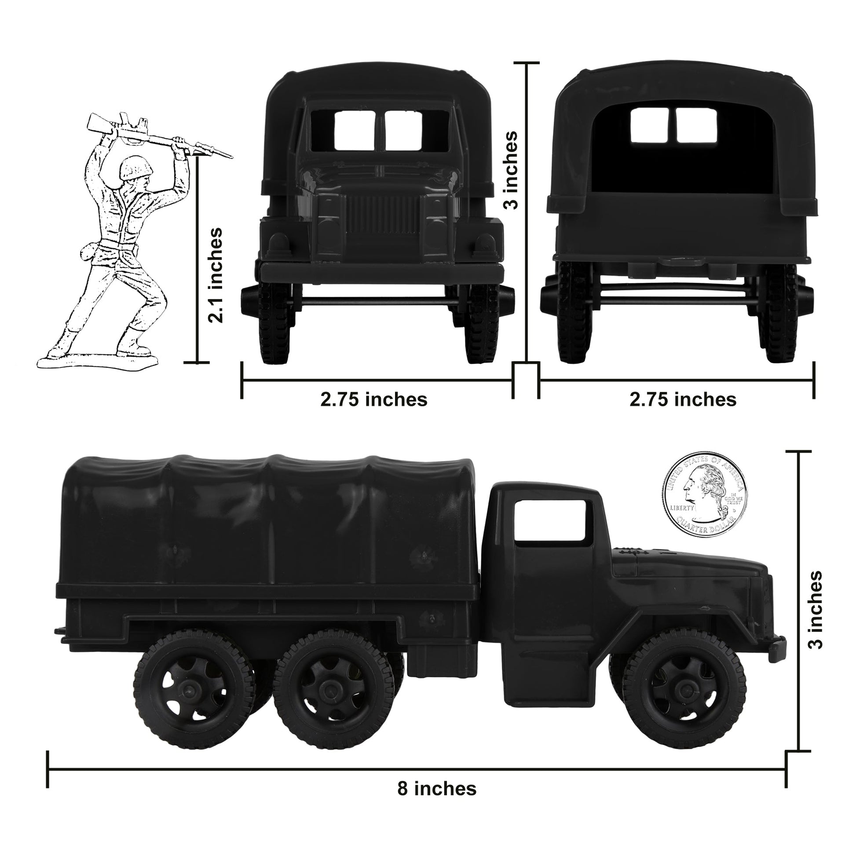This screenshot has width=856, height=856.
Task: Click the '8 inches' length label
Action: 436,788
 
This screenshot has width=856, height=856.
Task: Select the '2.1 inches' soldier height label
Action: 216,274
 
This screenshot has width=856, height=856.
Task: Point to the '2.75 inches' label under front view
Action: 374,399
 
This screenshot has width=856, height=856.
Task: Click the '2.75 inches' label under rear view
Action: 683,399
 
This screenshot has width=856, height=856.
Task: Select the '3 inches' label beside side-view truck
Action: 815,609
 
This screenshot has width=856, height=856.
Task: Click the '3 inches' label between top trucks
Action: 511,170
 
